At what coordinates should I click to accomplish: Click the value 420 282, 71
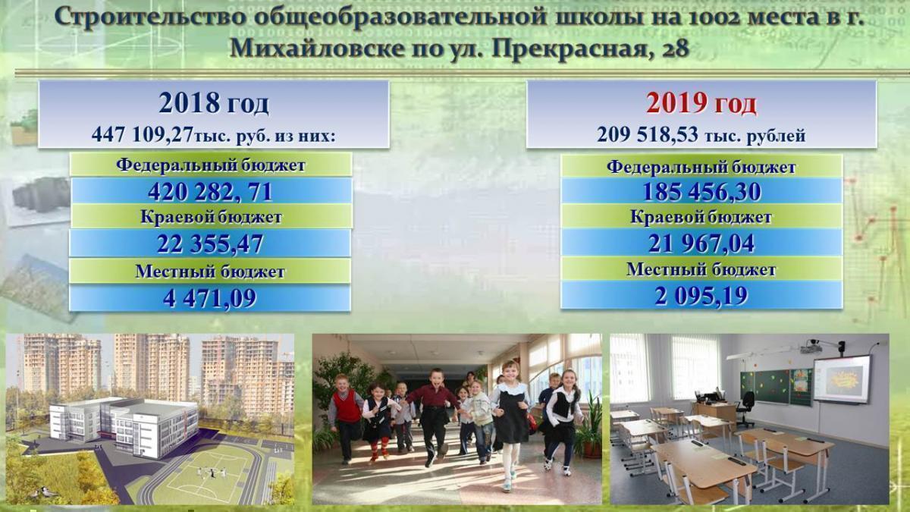click(210, 192)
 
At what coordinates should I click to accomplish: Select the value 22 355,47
click(210, 243)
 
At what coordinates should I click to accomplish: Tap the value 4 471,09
click(210, 298)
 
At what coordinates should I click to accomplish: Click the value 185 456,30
click(701, 192)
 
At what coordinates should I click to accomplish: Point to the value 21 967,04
click(701, 243)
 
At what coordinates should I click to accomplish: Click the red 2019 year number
click(676, 102)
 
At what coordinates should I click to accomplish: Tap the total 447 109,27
click(143, 134)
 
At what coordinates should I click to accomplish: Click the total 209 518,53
click(648, 134)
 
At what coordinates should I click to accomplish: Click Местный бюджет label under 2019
click(701, 269)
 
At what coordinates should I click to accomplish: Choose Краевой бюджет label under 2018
click(211, 217)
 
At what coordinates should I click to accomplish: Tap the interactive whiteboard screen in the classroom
click(842, 379)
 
